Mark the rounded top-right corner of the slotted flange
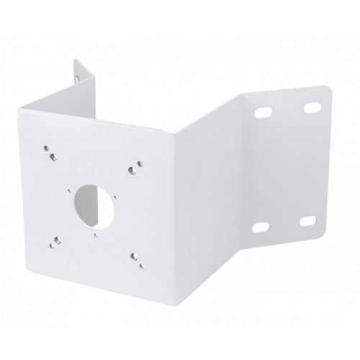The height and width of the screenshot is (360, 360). tap(330, 89)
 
